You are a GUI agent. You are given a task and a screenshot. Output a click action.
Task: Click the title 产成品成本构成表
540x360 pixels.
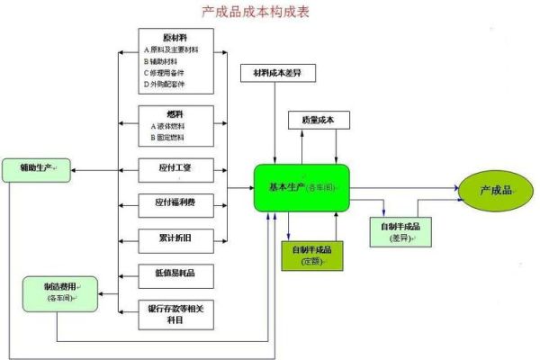pyautogui.click(x=269, y=14)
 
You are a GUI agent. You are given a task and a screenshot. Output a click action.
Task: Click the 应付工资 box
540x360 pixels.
pyautogui.click(x=176, y=167)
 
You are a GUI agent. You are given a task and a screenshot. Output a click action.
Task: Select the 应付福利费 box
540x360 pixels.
pyautogui.click(x=176, y=203)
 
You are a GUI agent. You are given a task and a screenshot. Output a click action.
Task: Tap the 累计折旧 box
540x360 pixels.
pyautogui.click(x=176, y=238)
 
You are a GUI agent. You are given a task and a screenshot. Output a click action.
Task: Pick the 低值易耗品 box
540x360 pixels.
pyautogui.click(x=176, y=272)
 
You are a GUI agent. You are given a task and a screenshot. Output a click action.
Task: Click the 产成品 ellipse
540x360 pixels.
pyautogui.click(x=494, y=190)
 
